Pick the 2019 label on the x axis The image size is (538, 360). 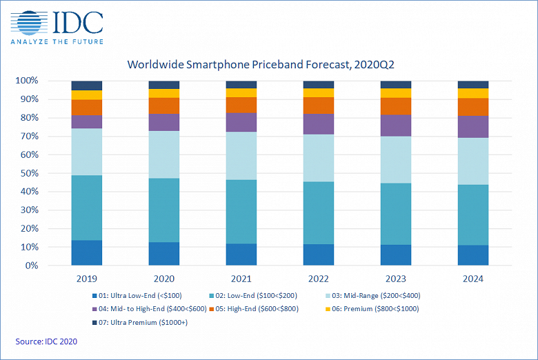click(x=86, y=279)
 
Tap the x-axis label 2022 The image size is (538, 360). click(x=319, y=279)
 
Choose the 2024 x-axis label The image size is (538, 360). click(x=473, y=279)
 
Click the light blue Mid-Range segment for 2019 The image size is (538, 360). click(x=87, y=152)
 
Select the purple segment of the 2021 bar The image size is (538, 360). click(x=241, y=122)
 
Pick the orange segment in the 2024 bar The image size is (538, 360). click(x=473, y=107)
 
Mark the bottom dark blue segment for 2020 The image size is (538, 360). click(x=164, y=254)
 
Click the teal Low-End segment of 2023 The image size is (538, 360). click(x=396, y=214)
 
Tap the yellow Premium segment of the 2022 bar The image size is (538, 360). click(x=319, y=92)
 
